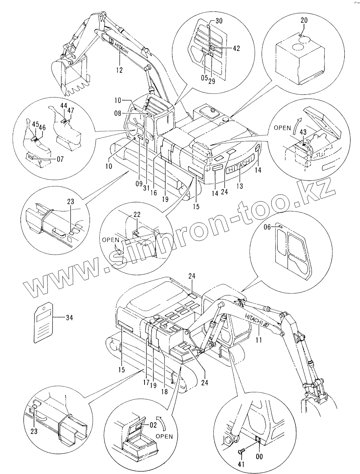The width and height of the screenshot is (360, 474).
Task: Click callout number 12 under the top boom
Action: pos(119,70)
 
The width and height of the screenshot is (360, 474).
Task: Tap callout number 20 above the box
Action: pos(304,20)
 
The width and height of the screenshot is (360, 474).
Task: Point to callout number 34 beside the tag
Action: pos(69,318)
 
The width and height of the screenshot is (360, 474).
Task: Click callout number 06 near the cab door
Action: pos(267,227)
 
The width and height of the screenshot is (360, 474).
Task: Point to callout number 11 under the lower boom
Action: pos(259,339)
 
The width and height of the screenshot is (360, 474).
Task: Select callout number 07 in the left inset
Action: pos(60,159)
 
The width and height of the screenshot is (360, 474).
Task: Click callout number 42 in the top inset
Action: pos(236,48)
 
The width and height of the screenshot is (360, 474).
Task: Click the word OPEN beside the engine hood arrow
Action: pos(282,128)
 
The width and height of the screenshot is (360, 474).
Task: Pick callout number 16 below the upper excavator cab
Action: pos(154,193)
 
